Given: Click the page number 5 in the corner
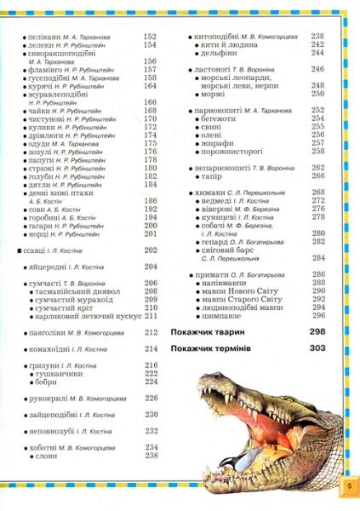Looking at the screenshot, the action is [x=347, y=485].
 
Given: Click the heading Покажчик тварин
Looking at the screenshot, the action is [x=208, y=330].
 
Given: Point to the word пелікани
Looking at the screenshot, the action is [x=45, y=37].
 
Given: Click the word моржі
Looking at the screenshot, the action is [x=215, y=94].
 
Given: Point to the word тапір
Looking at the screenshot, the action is [x=214, y=175].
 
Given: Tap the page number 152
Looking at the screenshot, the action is [x=151, y=37].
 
